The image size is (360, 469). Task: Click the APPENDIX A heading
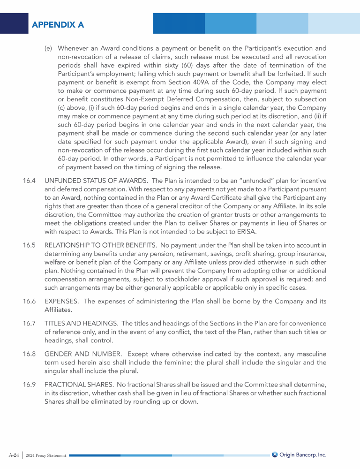pyautogui.click(x=58, y=24)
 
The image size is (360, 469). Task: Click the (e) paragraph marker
pyautogui.click(x=49, y=48)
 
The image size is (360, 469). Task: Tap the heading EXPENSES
pyautogui.click(x=61, y=301)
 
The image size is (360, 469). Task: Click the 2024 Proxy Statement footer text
pyautogui.click(x=46, y=455)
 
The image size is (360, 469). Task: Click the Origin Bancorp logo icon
pyautogui.click(x=275, y=454)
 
